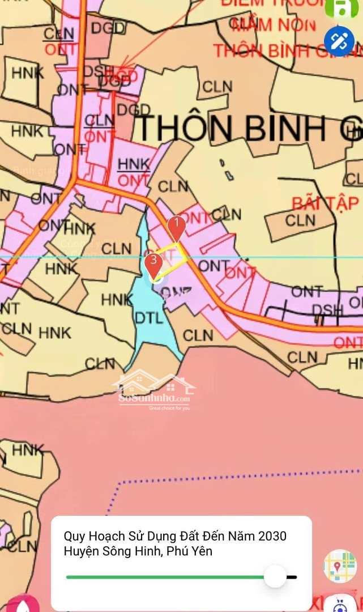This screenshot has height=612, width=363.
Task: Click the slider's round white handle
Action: [276, 576]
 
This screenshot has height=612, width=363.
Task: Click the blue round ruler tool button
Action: [339, 41]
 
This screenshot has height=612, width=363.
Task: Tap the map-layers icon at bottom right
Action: [340, 566]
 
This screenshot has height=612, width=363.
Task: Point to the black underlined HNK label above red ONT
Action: [134, 164]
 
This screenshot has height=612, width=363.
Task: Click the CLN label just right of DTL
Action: [198, 335]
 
